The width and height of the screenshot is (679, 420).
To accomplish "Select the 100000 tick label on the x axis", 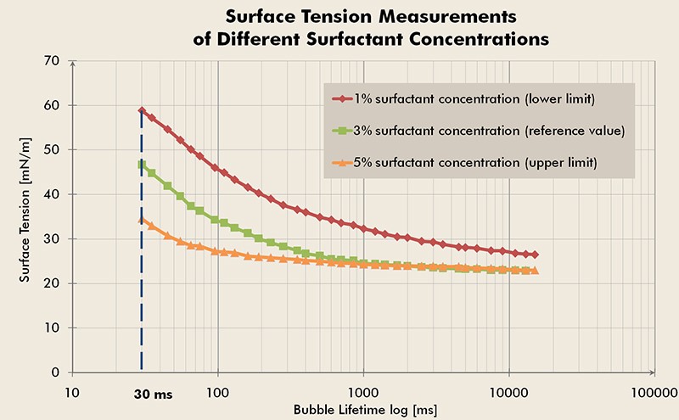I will click(653, 394).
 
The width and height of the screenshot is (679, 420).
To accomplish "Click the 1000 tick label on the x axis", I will click(363, 394).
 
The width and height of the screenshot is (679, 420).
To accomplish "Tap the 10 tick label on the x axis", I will click(73, 394).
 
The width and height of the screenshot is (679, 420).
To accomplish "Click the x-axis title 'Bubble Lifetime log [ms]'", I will click(365, 410).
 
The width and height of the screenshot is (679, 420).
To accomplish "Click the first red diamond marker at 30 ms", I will click(142, 110).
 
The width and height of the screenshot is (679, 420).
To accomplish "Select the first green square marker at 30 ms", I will click(142, 165).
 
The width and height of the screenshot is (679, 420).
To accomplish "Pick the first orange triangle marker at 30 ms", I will click(142, 220).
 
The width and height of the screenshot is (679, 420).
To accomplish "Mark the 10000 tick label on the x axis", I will click(508, 394).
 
